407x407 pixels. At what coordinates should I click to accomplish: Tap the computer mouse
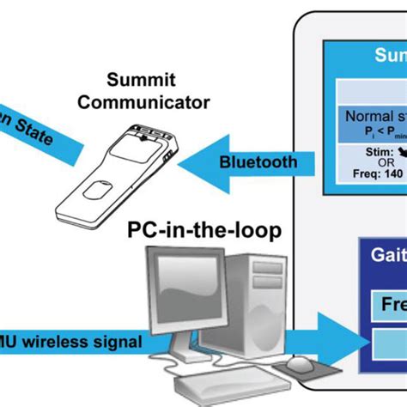click(300, 366)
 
